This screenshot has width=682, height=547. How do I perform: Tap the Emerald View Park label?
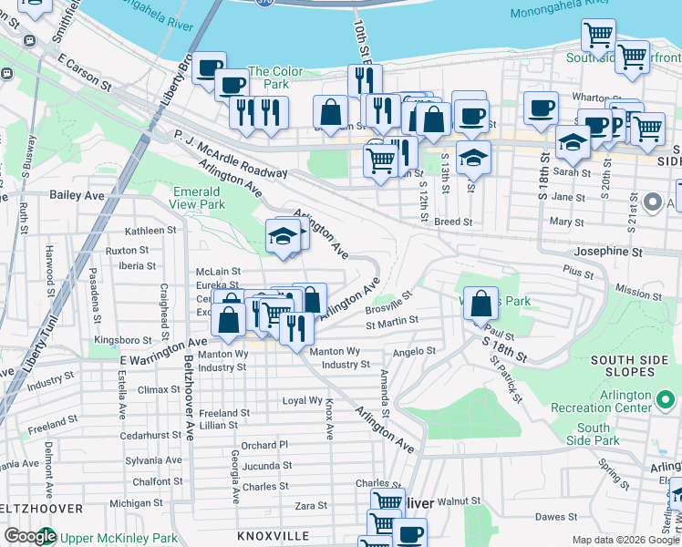coord(197,198)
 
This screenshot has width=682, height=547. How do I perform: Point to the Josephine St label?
coord(608,251)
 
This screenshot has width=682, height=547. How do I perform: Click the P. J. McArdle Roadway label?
coord(231,154)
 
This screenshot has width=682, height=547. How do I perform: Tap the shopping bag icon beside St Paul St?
coord(481,303)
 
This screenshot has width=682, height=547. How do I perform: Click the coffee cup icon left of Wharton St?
coord(541,107)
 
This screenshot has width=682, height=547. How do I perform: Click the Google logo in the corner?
coord(29,537)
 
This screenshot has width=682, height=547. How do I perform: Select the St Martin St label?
coord(392,321)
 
